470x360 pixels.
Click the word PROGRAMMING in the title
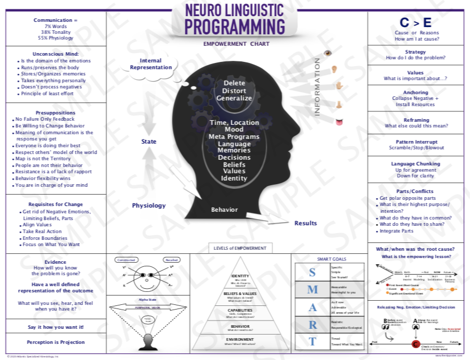[235, 26]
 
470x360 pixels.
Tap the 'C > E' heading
[415, 23]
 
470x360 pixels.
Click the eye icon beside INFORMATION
[328, 53]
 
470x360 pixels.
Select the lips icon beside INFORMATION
[339, 122]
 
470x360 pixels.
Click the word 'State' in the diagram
[149, 142]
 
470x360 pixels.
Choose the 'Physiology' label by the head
[149, 205]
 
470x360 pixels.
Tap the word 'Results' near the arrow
[306, 223]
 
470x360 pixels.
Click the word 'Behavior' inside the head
[224, 210]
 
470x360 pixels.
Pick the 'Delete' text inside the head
[234, 83]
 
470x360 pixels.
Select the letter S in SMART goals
[312, 272]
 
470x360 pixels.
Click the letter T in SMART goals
[312, 341]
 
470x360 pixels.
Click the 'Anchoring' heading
[415, 93]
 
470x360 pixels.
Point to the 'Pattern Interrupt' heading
[415, 141]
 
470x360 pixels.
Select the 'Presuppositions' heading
[55, 112]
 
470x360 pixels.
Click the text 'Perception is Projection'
[55, 342]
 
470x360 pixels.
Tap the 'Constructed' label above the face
[126, 260]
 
